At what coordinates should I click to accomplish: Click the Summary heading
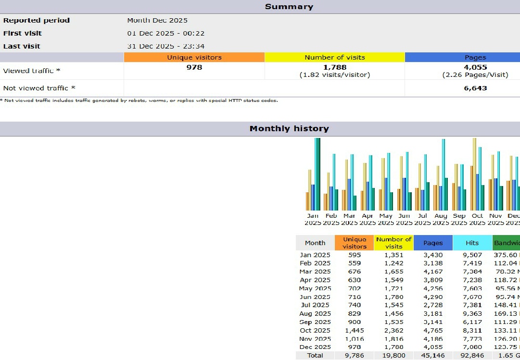289,7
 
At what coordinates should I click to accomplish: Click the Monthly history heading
289,129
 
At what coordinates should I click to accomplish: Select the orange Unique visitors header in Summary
194,57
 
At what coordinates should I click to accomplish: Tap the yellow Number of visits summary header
334,57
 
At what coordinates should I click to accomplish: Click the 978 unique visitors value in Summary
194,67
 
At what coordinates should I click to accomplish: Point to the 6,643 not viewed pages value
475,88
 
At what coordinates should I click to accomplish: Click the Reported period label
37,20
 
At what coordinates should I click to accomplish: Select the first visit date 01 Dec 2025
165,33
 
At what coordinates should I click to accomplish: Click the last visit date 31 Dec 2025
165,46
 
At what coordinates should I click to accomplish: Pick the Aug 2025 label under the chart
441,219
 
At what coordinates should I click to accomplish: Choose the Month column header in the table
315,243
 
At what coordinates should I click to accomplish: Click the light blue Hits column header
472,243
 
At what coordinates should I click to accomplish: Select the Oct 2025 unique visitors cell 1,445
354,330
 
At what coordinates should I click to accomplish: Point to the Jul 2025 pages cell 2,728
433,305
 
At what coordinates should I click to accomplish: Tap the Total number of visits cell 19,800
393,356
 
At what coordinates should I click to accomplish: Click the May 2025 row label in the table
315,288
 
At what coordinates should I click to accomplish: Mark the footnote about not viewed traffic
139,100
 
